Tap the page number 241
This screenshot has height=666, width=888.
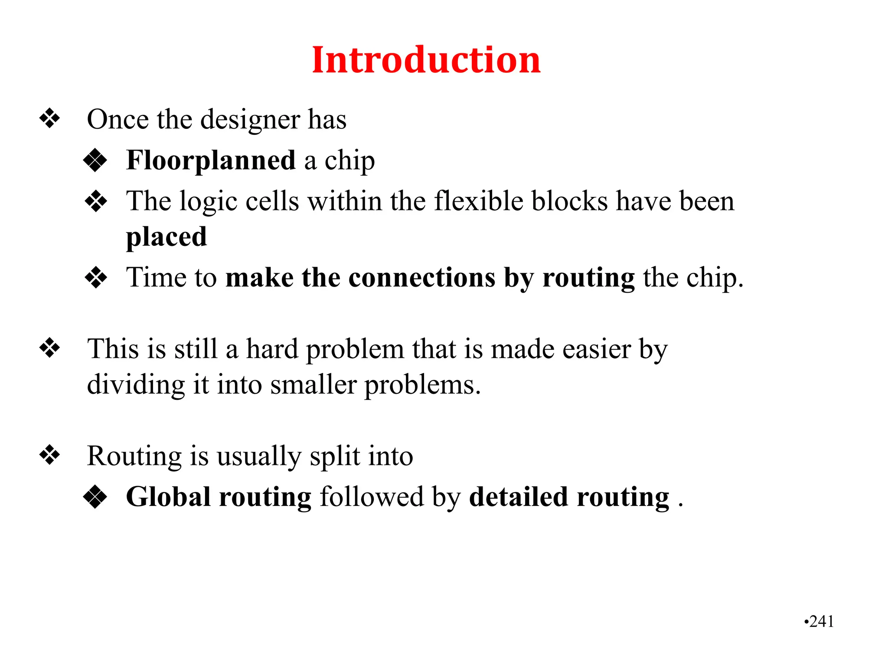pos(821,621)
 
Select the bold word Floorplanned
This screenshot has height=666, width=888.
pos(211,160)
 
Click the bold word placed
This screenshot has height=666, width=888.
pos(166,237)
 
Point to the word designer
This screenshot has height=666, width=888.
pos(250,120)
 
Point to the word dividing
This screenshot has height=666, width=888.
pos(136,385)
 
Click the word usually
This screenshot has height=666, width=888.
pos(259,457)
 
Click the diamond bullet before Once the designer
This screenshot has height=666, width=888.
pos(50,118)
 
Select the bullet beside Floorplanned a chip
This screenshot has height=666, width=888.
pos(95,160)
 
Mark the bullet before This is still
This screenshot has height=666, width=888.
pos(50,348)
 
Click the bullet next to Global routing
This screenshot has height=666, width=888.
pos(95,497)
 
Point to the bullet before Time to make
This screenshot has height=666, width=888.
pos(96,277)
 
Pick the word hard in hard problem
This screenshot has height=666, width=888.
pos(272,349)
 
